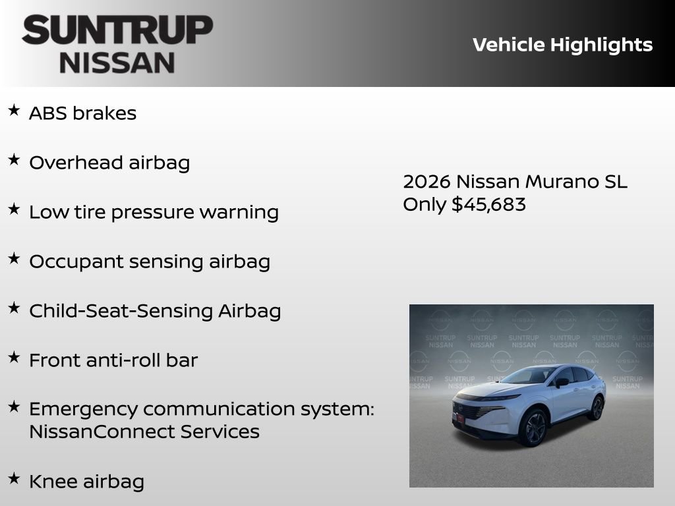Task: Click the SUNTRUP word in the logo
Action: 117,30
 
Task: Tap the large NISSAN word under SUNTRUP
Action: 117,63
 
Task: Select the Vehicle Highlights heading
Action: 562,45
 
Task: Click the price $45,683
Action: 488,204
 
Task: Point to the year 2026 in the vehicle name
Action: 426,181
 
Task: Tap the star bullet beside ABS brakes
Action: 14,111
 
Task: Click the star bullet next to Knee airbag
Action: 14,478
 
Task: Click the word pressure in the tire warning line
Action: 151,212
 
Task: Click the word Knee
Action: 53,481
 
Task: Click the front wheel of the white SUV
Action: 533,428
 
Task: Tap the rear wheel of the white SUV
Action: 596,408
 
